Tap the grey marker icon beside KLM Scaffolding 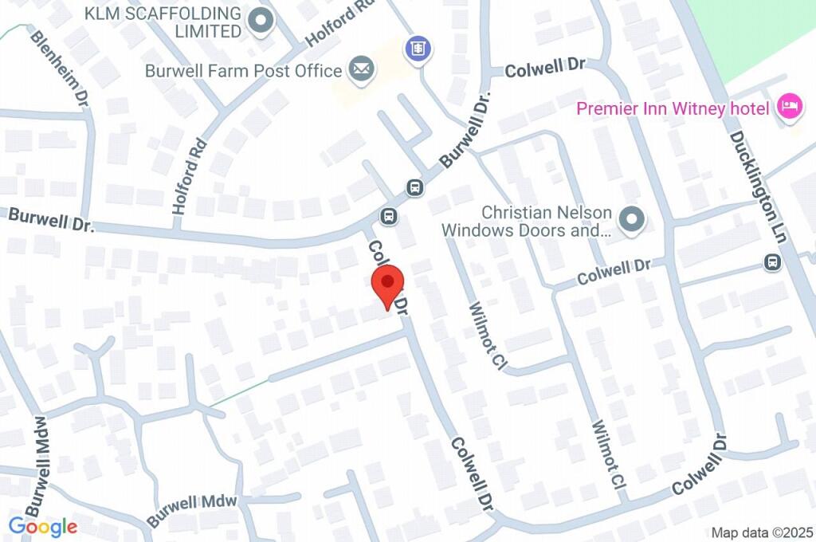point(259,22)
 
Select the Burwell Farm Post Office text point(243,70)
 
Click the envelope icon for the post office point(361,69)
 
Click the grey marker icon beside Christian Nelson point(632,218)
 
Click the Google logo point(43,526)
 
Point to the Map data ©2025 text point(762,532)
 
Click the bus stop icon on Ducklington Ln point(771,261)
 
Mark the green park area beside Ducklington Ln point(757,32)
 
